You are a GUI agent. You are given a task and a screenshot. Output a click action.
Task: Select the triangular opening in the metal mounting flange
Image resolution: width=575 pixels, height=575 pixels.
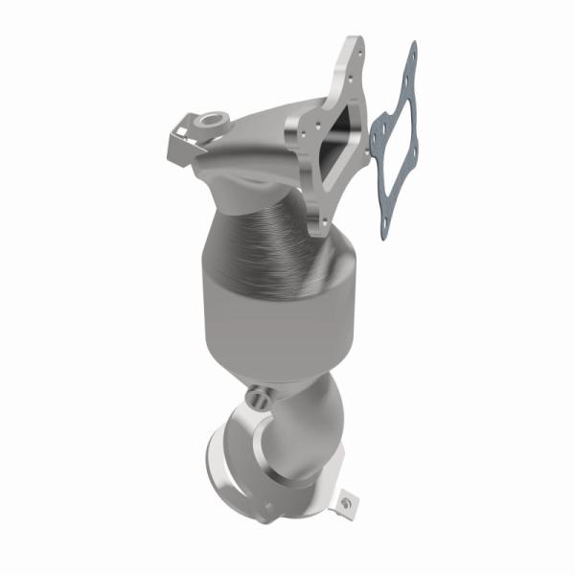(x=336, y=139)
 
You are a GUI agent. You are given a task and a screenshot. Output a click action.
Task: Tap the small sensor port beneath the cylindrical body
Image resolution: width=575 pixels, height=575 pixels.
(x=256, y=394)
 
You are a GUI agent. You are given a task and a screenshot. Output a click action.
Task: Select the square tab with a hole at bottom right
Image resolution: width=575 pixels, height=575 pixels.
(x=345, y=500)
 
